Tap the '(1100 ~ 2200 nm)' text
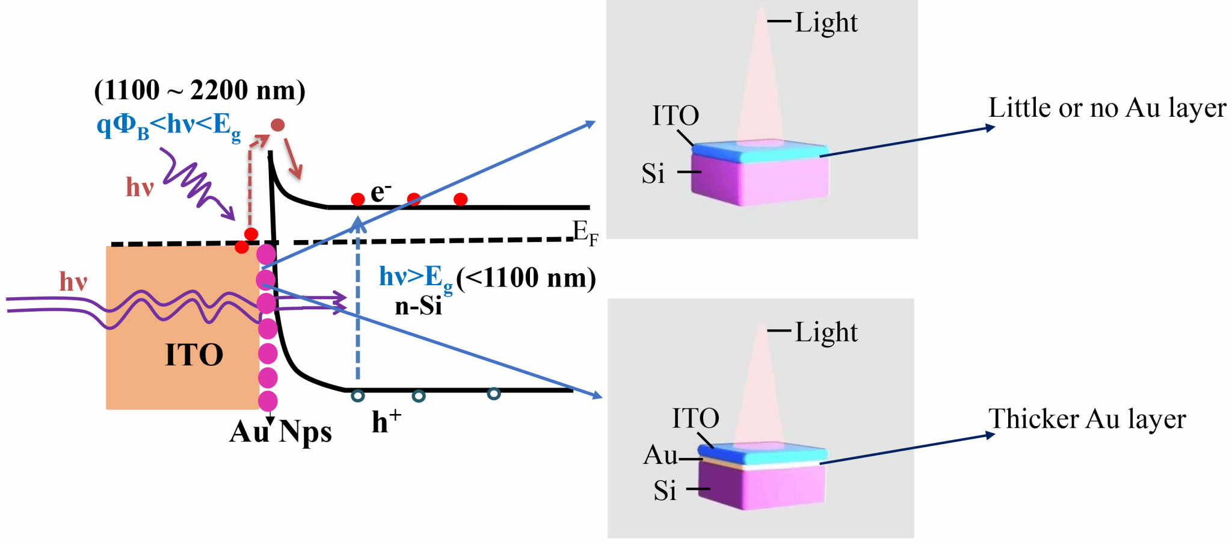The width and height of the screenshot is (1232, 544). point(200,90)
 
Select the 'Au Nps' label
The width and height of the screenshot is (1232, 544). point(280,432)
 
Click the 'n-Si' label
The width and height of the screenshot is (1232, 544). point(418,306)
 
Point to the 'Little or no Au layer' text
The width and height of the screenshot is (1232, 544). point(1107,108)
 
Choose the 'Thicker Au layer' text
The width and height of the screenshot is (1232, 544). point(1087,419)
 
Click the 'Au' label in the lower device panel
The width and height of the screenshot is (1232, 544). point(660,455)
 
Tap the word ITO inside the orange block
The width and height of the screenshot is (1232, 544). point(194,355)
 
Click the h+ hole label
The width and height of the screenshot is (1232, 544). point(386,421)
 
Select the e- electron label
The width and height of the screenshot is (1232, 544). point(380,193)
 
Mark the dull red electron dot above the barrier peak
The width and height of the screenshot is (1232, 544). point(277,125)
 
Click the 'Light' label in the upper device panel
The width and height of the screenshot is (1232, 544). point(826,23)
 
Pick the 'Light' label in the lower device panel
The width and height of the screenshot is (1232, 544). point(826,332)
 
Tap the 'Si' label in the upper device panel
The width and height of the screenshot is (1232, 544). point(653,174)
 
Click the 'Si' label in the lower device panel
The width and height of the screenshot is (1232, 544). point(665,491)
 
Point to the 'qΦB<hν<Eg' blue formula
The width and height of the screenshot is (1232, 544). point(168,126)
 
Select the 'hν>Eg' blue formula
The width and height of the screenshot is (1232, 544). point(415,278)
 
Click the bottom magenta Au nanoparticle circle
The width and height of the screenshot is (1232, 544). point(268,401)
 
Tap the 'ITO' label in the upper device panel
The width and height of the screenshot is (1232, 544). point(676,116)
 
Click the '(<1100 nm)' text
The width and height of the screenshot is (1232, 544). point(526,278)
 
